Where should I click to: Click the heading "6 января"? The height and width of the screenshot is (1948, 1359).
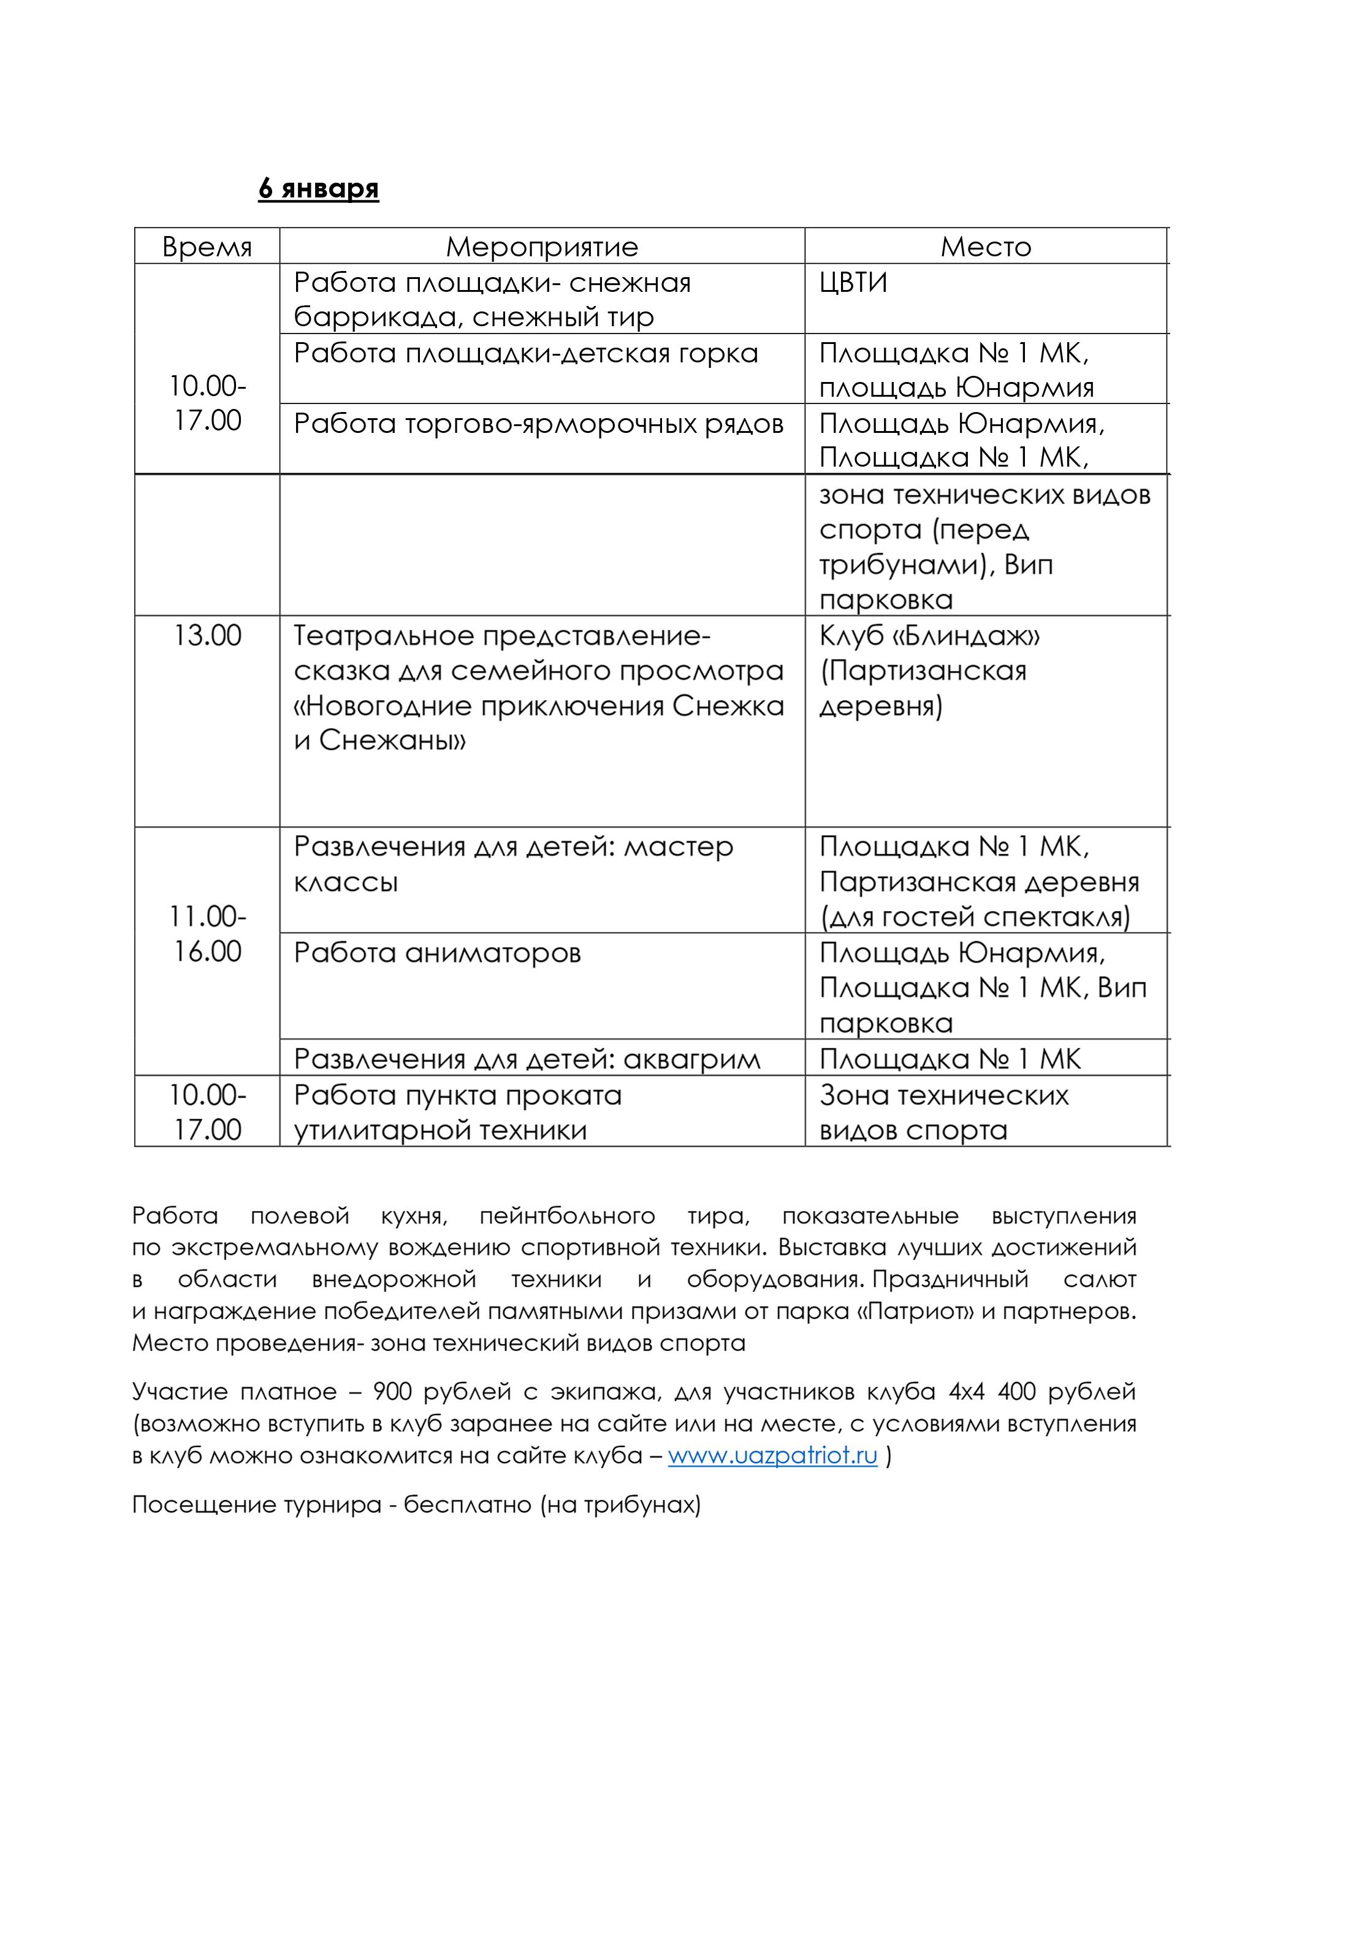click(x=318, y=188)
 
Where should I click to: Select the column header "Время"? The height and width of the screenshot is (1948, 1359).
click(x=207, y=247)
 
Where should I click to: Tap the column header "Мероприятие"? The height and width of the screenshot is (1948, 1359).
click(x=542, y=247)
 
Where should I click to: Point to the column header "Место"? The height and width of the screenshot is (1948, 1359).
click(x=986, y=247)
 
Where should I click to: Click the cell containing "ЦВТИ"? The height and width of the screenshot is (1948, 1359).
click(x=853, y=283)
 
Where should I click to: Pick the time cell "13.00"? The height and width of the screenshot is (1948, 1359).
click(x=207, y=635)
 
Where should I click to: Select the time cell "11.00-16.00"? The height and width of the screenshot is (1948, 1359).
click(x=207, y=933)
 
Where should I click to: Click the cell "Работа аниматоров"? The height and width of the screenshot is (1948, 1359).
click(x=437, y=953)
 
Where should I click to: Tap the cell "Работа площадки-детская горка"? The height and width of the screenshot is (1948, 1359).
click(x=526, y=353)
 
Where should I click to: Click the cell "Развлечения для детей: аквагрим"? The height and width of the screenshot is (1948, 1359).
click(x=527, y=1059)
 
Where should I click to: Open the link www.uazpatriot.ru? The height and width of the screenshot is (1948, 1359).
click(x=772, y=1455)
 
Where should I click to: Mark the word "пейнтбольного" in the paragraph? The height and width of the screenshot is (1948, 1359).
click(x=566, y=1216)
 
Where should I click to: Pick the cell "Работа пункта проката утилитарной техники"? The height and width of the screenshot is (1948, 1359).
click(x=458, y=1112)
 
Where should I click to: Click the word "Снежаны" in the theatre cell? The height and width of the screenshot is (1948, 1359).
click(x=392, y=741)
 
